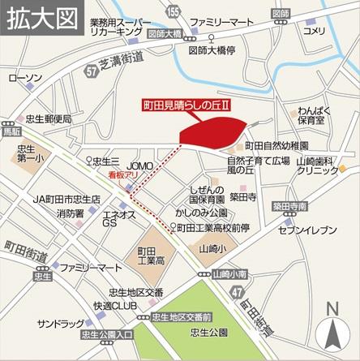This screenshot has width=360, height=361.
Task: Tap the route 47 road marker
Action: [236, 289]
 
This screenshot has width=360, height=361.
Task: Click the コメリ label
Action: [312, 31]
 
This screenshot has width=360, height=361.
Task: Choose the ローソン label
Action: [23, 79]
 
